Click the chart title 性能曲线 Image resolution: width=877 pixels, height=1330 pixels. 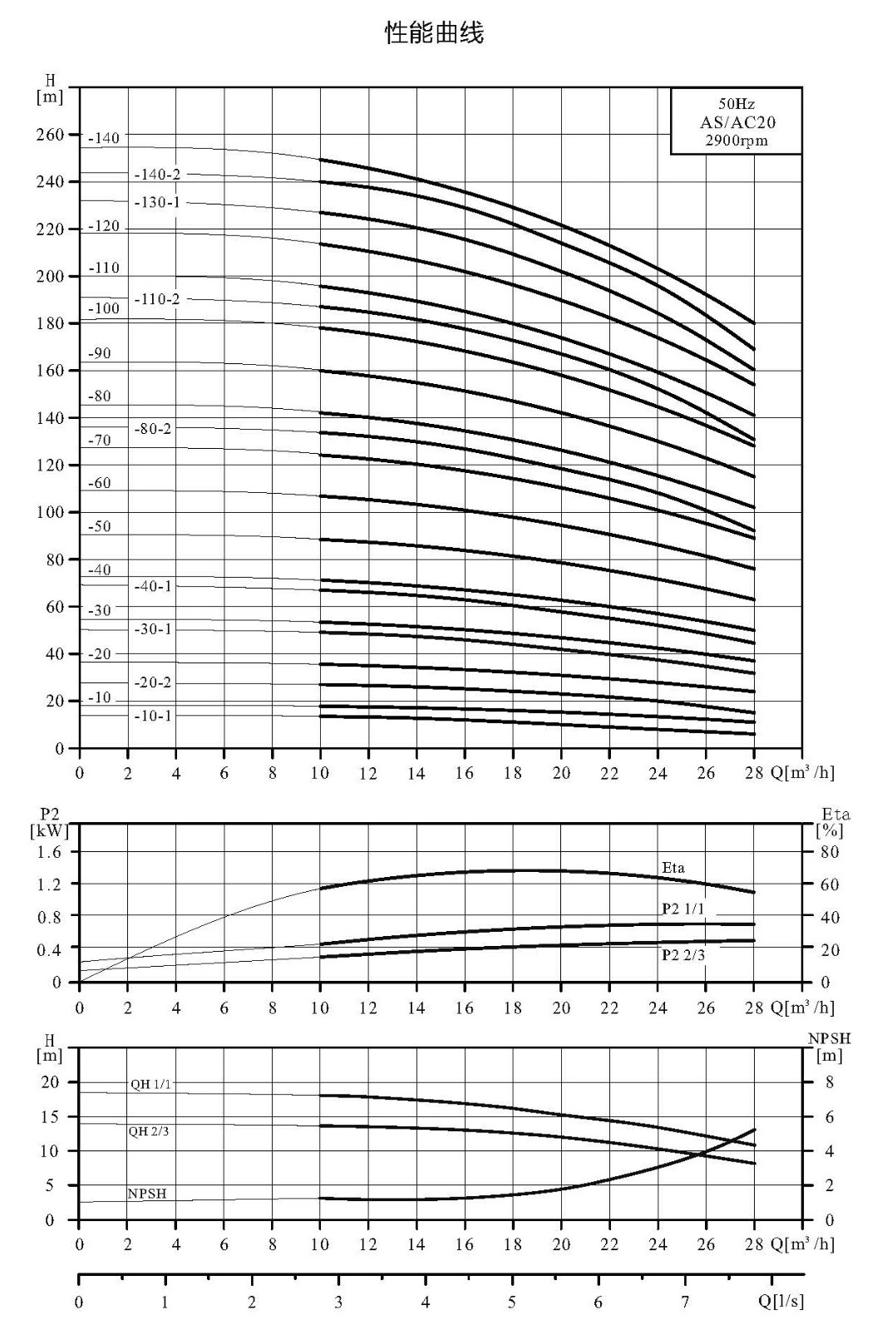[435, 32]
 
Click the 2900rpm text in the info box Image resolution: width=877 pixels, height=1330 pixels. [737, 140]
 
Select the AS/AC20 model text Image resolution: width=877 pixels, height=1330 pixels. [737, 122]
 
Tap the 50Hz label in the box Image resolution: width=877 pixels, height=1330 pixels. [737, 104]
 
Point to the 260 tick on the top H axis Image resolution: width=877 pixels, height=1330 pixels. [50, 135]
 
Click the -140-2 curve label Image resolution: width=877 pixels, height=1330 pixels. [157, 175]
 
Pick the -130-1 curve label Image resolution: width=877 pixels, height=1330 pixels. [157, 203]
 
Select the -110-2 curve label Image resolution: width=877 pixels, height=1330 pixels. [157, 299]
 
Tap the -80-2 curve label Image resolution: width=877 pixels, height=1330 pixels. [153, 429]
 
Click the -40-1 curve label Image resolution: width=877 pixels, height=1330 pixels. [153, 586]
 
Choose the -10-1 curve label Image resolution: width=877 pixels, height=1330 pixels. [153, 716]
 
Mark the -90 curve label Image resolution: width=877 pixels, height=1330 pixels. [100, 353]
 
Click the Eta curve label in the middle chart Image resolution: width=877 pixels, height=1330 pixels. [673, 868]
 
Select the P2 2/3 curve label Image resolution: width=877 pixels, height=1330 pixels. [683, 955]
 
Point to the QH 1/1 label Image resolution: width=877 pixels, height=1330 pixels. [150, 1084]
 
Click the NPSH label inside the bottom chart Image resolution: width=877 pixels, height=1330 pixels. [147, 1194]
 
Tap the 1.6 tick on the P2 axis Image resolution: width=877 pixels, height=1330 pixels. [49, 852]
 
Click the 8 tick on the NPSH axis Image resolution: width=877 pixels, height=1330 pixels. [830, 1082]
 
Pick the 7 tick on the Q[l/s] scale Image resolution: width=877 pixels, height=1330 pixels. [685, 1302]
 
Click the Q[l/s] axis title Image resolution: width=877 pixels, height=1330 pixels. [781, 1302]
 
